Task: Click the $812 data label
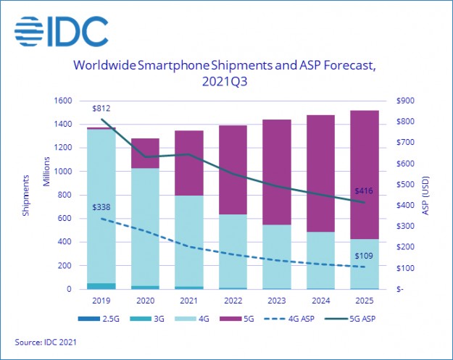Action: point(102,107)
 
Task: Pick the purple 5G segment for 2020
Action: point(145,153)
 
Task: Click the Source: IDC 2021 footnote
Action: point(46,340)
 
